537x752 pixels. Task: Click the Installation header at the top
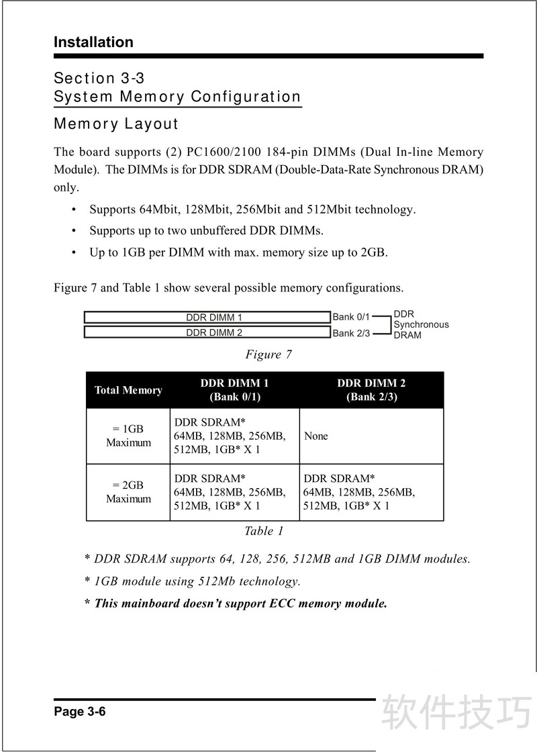93,42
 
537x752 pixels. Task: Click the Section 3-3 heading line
99,79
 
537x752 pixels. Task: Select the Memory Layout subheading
116,124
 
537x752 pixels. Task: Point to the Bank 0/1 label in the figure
351,317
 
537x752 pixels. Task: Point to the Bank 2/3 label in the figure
351,333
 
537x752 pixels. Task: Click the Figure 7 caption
268,354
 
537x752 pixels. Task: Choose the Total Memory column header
128,390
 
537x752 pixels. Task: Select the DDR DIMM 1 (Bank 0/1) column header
234,390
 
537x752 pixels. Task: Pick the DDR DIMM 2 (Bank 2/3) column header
371,390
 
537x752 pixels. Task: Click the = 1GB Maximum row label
128,436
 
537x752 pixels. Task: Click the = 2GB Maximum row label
128,492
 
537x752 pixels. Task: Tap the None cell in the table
316,436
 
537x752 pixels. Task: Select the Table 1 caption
264,531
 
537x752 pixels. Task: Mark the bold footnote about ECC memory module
236,603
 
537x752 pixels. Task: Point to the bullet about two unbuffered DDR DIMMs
206,231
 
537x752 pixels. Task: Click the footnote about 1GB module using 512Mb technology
192,581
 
